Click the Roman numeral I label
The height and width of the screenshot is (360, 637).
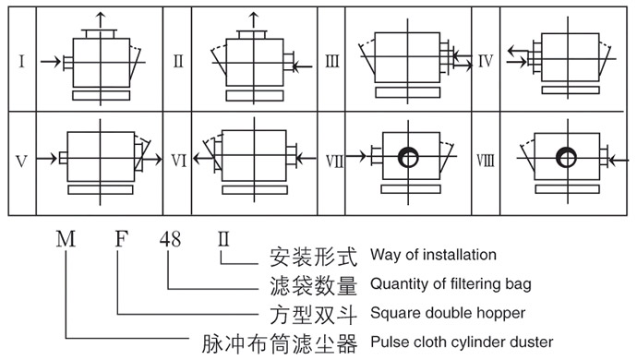pos(20,62)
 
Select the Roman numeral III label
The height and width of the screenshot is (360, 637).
pos(332,62)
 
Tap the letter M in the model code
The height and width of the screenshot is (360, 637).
pos(66,240)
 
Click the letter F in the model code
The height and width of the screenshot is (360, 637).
pos(119,240)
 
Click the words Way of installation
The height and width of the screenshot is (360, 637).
pos(433,255)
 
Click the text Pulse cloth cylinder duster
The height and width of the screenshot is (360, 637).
pos(462,342)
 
